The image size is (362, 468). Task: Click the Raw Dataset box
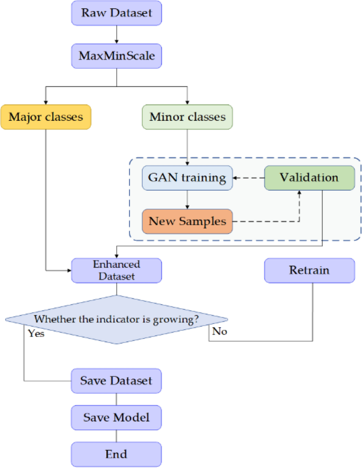[116, 13]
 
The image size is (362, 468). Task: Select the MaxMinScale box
[116, 55]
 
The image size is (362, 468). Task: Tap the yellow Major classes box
[46, 117]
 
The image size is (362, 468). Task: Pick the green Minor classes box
[188, 117]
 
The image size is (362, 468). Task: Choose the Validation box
[309, 178]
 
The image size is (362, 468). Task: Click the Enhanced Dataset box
[116, 270]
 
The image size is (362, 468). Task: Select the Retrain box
[309, 271]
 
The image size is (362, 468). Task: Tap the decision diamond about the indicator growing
[116, 319]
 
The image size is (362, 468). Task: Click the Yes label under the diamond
[36, 333]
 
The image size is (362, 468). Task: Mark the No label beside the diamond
[219, 332]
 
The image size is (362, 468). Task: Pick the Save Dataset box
[116, 380]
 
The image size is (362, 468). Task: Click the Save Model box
[116, 417]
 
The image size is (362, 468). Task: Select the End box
[116, 454]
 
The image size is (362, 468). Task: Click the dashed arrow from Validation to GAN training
[248, 178]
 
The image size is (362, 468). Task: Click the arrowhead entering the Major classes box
[46, 101]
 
